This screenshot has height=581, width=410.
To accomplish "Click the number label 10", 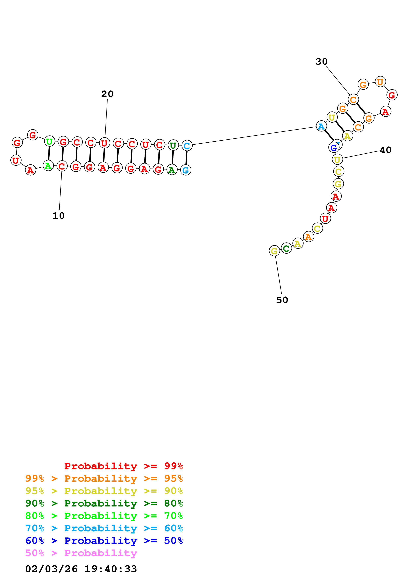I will tap(59, 216).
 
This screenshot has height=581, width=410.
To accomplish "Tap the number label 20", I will tap(107, 94).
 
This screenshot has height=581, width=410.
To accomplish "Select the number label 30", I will tap(321, 61).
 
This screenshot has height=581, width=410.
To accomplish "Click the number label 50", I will tap(282, 300).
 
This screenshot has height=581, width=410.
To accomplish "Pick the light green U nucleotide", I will tap(49, 141).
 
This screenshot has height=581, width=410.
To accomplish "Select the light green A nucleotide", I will tap(48, 166).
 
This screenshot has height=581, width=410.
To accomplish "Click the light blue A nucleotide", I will tap(321, 126).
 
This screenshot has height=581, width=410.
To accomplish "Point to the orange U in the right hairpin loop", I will tap(380, 82).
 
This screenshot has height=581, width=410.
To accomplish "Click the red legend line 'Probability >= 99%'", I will tap(123, 466).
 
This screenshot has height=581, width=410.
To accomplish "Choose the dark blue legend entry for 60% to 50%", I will tap(104, 541).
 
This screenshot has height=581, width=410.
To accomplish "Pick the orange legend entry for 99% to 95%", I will tap(104, 478).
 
